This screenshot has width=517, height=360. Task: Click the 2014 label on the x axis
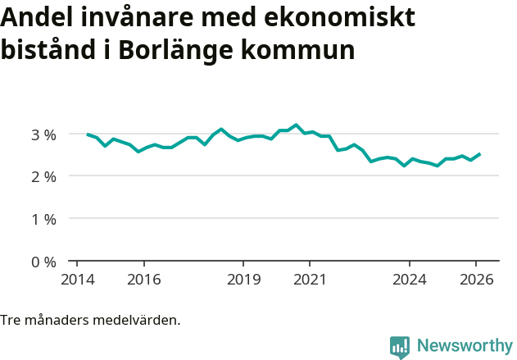pos(77,280)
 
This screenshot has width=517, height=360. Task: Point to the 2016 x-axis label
pos(143,280)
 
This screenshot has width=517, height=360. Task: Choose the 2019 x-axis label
pos(243,280)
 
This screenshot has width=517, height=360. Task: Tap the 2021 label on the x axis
pos(310,280)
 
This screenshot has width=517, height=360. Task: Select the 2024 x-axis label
pos(410,280)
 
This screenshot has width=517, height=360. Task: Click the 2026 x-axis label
pos(476,280)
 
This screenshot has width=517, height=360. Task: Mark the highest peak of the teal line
pos(296,125)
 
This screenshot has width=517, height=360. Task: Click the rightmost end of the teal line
pos(480,153)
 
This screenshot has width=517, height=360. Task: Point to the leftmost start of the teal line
pos(88,134)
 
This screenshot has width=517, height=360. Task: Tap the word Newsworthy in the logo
pos(464,346)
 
